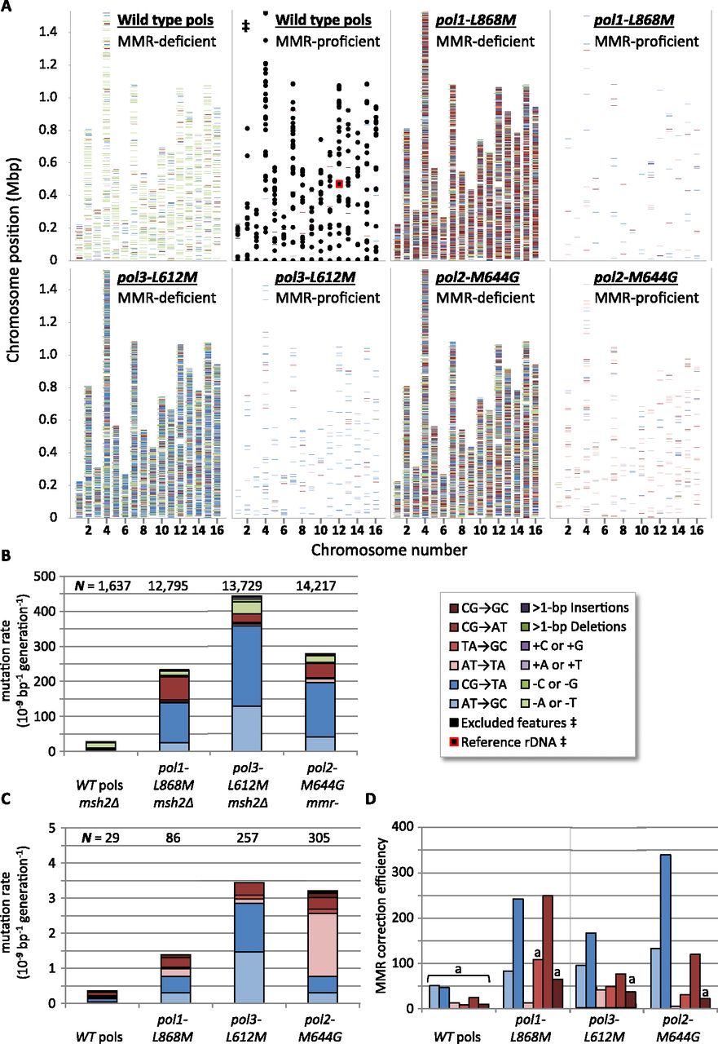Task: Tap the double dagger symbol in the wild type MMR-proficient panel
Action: pos(245,26)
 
